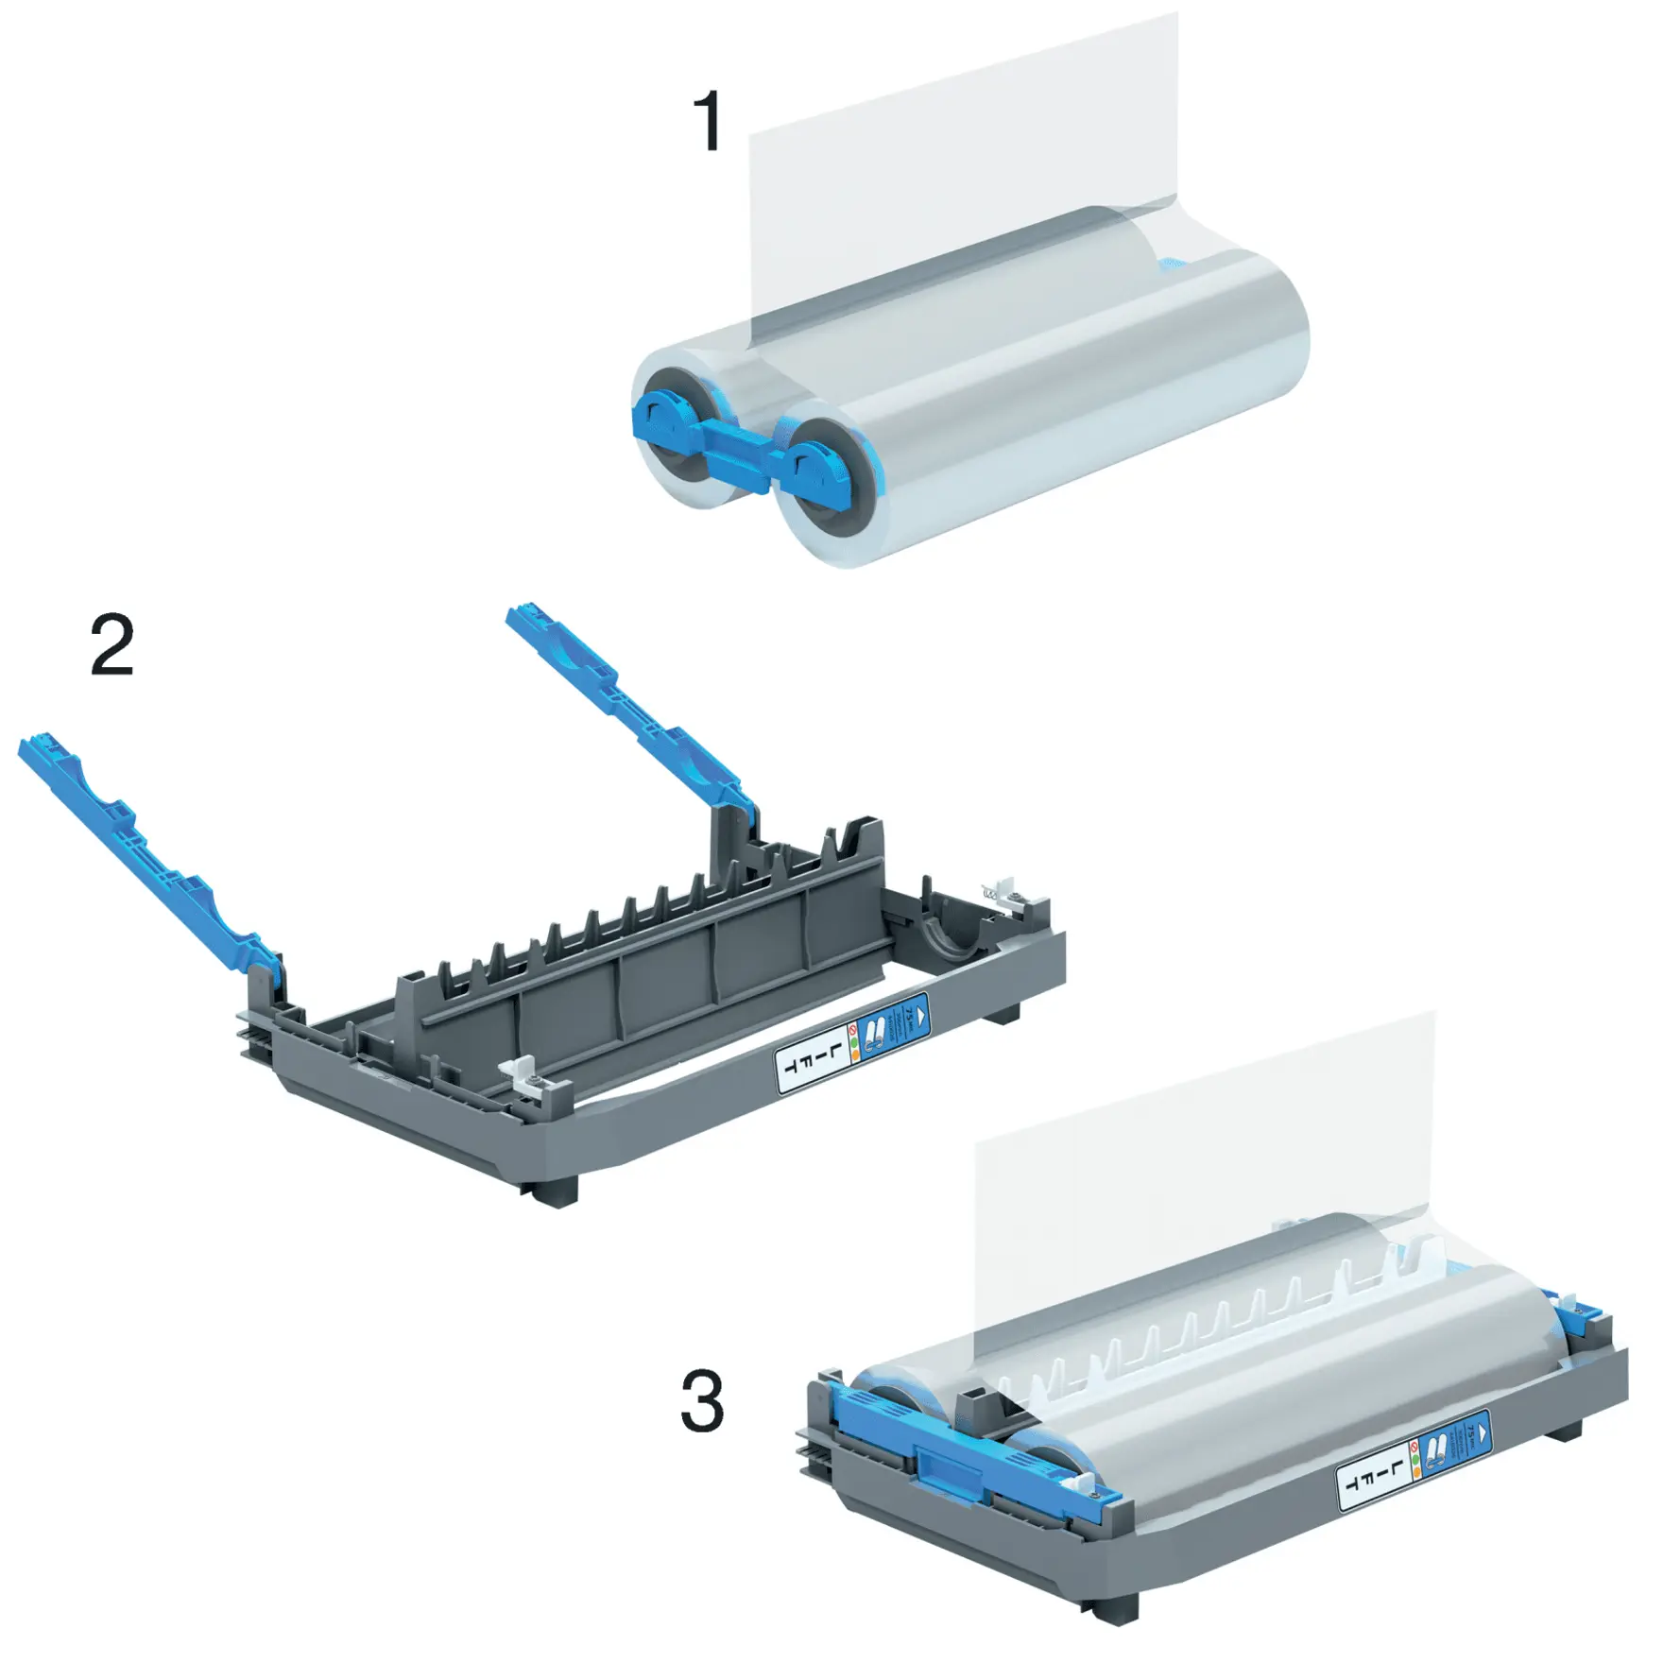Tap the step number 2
pyautogui.click(x=112, y=644)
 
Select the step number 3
pyautogui.click(x=702, y=1402)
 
